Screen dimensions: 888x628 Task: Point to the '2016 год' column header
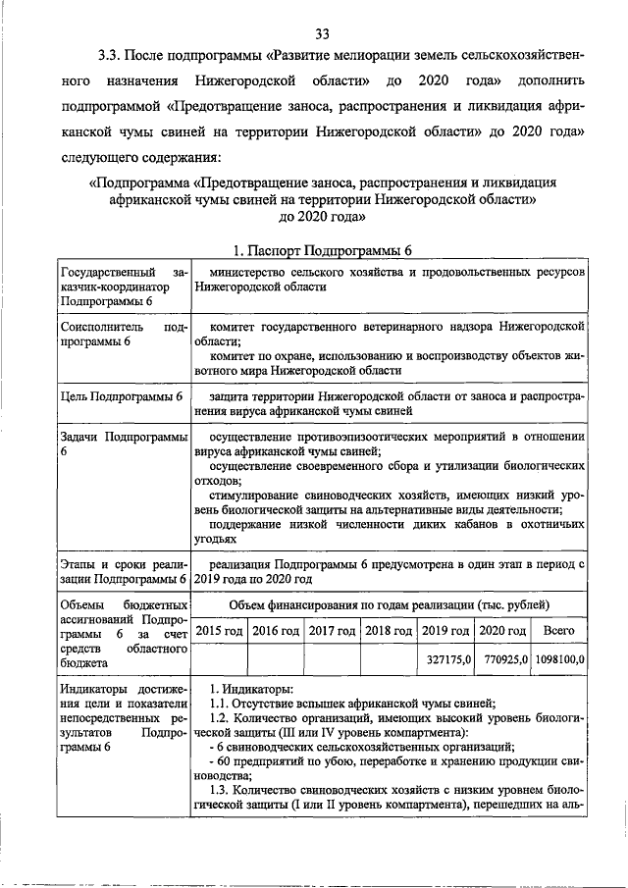coord(276,630)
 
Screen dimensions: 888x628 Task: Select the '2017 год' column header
coord(333,630)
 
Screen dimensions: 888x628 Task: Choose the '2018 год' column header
coord(390,630)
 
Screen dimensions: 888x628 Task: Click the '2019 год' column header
coord(447,630)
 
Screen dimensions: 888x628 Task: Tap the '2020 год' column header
coord(503,630)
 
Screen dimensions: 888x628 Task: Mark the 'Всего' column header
coord(558,630)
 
